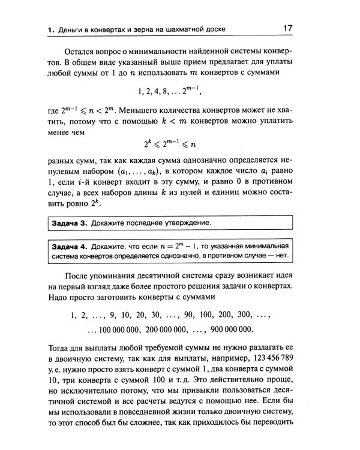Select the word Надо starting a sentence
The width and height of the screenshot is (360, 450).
(60, 299)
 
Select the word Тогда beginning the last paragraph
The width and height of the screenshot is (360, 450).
(62, 348)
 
